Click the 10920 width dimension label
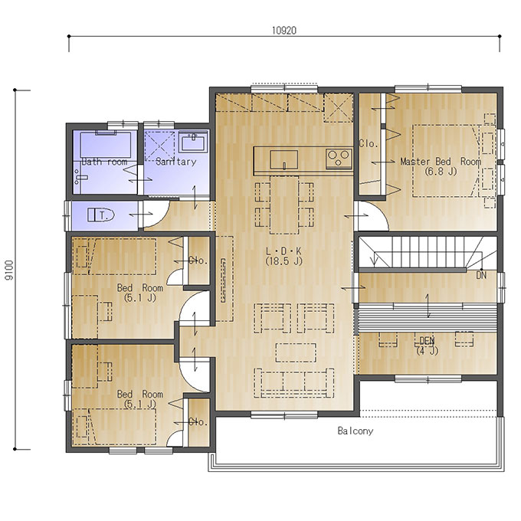click(x=284, y=31)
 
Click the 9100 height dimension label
click(x=10, y=270)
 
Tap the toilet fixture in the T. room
click(x=101, y=215)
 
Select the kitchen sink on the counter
click(x=283, y=159)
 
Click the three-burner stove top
click(x=339, y=158)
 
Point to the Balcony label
click(x=356, y=431)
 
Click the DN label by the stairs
click(x=481, y=275)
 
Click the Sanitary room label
click(x=175, y=162)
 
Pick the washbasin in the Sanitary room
click(x=193, y=142)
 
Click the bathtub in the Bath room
click(x=106, y=144)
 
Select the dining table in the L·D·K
click(x=284, y=205)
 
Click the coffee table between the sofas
click(x=296, y=352)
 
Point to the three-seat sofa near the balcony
click(x=294, y=383)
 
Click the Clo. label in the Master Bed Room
click(x=369, y=143)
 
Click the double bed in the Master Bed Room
click(x=446, y=161)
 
